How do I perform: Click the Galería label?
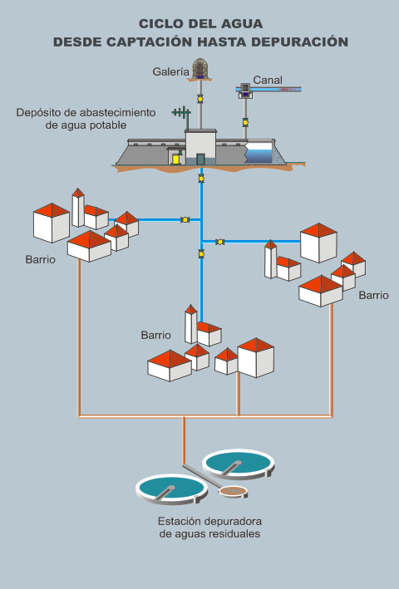tap(170, 71)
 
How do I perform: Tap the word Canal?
tap(268, 80)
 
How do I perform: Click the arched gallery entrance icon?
tap(199, 68)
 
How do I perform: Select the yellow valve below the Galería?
tap(200, 99)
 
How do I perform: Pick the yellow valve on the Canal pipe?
tap(245, 122)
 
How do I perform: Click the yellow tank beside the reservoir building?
tap(175, 159)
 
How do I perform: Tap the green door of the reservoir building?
tap(200, 160)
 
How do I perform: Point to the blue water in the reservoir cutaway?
tap(259, 156)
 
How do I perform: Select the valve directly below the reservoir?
tap(201, 179)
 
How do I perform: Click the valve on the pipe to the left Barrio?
tap(185, 220)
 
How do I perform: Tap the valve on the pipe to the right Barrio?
tap(220, 242)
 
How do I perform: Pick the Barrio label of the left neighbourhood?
tap(41, 259)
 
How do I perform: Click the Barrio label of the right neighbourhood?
tap(373, 295)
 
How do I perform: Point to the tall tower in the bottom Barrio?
tap(191, 324)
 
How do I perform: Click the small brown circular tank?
tap(234, 491)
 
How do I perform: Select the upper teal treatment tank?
tap(239, 464)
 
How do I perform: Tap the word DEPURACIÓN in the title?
tap(299, 42)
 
